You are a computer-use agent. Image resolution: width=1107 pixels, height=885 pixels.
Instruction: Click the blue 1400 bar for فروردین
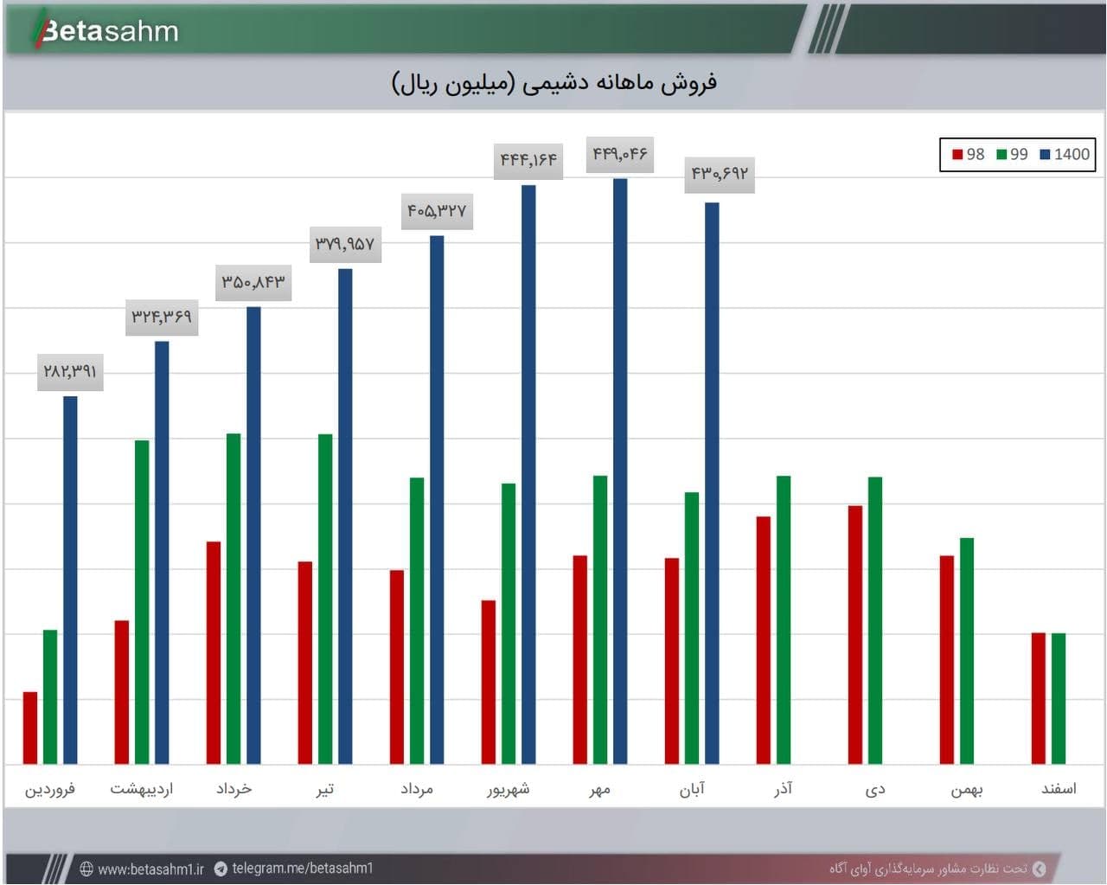[x=70, y=580]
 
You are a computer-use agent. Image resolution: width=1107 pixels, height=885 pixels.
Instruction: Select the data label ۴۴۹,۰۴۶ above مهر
[x=620, y=154]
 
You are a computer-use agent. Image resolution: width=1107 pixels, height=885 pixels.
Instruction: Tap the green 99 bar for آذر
[x=784, y=620]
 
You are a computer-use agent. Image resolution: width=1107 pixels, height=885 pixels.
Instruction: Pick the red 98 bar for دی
[x=855, y=635]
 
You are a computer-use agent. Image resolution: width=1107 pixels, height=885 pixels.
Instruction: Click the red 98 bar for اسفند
[x=1038, y=698]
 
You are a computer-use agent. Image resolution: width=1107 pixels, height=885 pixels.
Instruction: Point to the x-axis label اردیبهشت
[x=142, y=789]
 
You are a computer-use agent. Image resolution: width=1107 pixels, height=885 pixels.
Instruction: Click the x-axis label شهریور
[x=509, y=789]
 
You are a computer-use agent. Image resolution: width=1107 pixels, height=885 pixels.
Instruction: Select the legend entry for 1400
[x=1065, y=154]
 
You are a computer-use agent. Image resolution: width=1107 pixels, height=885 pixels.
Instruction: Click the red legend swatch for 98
[x=957, y=154]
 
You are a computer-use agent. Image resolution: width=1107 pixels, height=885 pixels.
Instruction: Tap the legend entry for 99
[x=1012, y=154]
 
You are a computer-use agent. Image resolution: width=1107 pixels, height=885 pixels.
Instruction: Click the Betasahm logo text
[x=110, y=31]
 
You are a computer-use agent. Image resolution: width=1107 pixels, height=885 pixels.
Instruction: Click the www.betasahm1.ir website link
[x=150, y=869]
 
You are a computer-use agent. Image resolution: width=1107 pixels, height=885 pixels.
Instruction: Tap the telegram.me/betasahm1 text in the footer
[x=302, y=868]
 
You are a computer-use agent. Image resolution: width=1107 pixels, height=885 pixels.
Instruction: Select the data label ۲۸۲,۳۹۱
[x=70, y=372]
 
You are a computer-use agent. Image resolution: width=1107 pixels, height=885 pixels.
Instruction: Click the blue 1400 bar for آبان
[x=712, y=483]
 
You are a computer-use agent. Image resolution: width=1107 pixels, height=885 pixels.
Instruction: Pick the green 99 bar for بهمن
[x=967, y=651]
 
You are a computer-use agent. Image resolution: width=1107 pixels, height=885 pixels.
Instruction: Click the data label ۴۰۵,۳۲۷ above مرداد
[x=437, y=211]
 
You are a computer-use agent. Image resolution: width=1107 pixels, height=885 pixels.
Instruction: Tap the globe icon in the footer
[x=86, y=869]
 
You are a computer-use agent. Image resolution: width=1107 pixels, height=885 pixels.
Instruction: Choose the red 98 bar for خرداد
[x=214, y=653]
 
